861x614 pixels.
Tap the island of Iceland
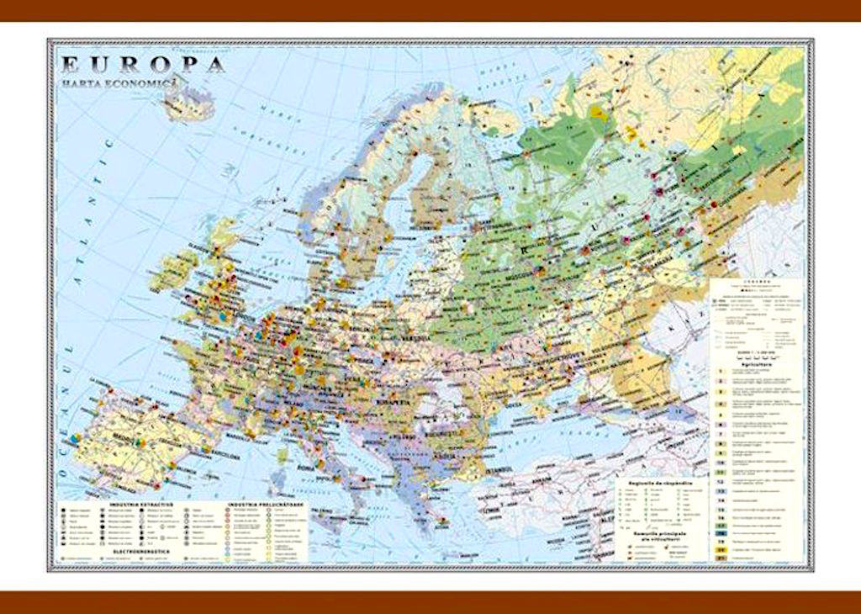188,105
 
